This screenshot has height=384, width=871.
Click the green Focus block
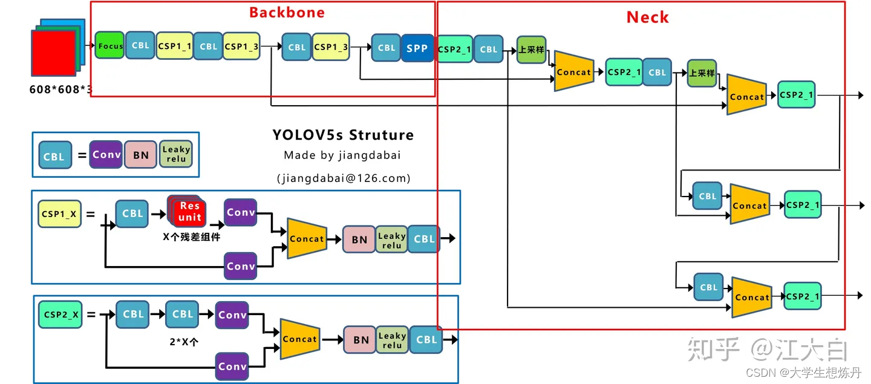coord(109,45)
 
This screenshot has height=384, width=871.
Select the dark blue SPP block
coord(417,48)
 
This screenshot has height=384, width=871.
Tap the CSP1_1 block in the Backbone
coord(174,45)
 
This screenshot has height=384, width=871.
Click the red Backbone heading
coord(287,13)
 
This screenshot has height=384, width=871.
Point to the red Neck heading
coord(647,18)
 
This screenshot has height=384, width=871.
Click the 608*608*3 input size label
coord(61,89)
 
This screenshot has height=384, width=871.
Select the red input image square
coord(53,53)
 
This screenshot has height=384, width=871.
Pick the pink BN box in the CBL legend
coord(141,155)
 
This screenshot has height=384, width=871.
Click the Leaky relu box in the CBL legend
coord(176,154)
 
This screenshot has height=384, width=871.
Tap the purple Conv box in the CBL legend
coord(106,154)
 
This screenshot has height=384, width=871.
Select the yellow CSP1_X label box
coord(59,213)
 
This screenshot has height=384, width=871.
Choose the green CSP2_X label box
coord(60,314)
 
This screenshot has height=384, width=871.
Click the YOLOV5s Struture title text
coord(343,134)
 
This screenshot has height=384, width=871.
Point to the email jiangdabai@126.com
coord(343,178)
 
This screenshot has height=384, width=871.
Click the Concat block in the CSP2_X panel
coord(300,339)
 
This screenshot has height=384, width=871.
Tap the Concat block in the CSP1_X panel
coord(307,238)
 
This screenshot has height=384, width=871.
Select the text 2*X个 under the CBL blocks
coord(184,342)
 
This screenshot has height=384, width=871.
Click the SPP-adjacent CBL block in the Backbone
coord(387,48)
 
